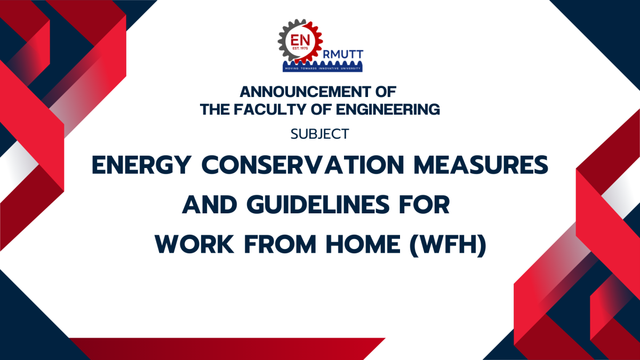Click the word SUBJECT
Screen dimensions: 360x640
(319, 134)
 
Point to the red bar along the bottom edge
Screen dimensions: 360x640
(224, 349)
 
